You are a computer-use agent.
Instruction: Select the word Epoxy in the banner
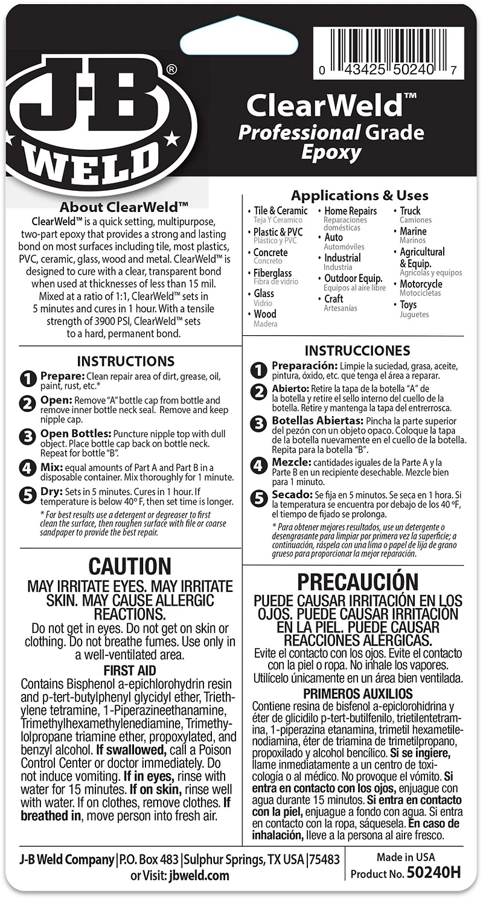(x=331, y=152)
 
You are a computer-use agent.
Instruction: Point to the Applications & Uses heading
(x=359, y=196)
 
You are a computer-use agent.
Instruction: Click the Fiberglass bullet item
(x=273, y=273)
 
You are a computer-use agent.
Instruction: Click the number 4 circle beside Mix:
(x=28, y=467)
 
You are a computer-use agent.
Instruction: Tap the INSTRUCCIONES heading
(x=357, y=351)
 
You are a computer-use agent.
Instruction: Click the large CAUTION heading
(x=130, y=566)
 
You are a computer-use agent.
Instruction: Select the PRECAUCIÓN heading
(x=357, y=582)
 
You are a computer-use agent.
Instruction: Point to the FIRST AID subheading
(x=130, y=670)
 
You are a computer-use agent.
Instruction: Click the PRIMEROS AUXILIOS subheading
(x=357, y=693)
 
